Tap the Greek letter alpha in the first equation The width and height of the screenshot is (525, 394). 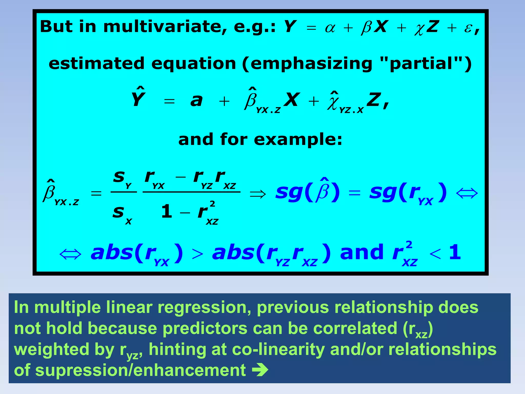(330, 28)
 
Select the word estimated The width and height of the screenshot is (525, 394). (96, 63)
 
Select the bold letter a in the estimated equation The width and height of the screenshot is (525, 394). (196, 100)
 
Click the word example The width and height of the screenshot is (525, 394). (298, 140)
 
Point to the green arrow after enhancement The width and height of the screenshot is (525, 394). (260, 370)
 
